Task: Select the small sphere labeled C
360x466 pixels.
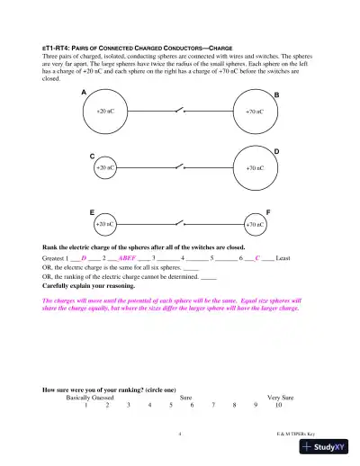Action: click(x=105, y=167)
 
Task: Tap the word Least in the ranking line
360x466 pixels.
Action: click(x=283, y=258)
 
